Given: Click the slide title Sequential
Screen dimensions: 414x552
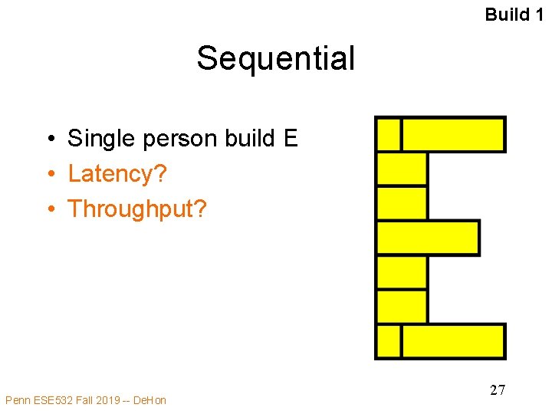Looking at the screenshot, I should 275,58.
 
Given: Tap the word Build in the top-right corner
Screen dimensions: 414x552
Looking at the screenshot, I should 507,15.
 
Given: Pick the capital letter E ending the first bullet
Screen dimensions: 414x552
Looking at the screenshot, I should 290,139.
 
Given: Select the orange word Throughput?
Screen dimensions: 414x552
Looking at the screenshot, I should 137,209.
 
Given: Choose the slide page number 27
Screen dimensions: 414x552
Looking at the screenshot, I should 498,390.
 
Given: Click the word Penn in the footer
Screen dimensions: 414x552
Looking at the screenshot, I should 18,400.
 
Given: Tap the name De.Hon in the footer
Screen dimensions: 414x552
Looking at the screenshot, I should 149,400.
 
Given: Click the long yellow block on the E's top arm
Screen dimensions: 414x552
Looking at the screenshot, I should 453,134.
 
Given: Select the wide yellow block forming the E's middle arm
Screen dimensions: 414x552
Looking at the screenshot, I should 428,238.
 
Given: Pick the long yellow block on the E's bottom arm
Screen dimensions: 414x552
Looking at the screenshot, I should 453,341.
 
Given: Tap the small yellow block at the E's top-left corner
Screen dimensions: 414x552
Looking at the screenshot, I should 389,134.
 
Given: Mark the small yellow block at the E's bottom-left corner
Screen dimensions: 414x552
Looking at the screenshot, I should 389,341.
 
